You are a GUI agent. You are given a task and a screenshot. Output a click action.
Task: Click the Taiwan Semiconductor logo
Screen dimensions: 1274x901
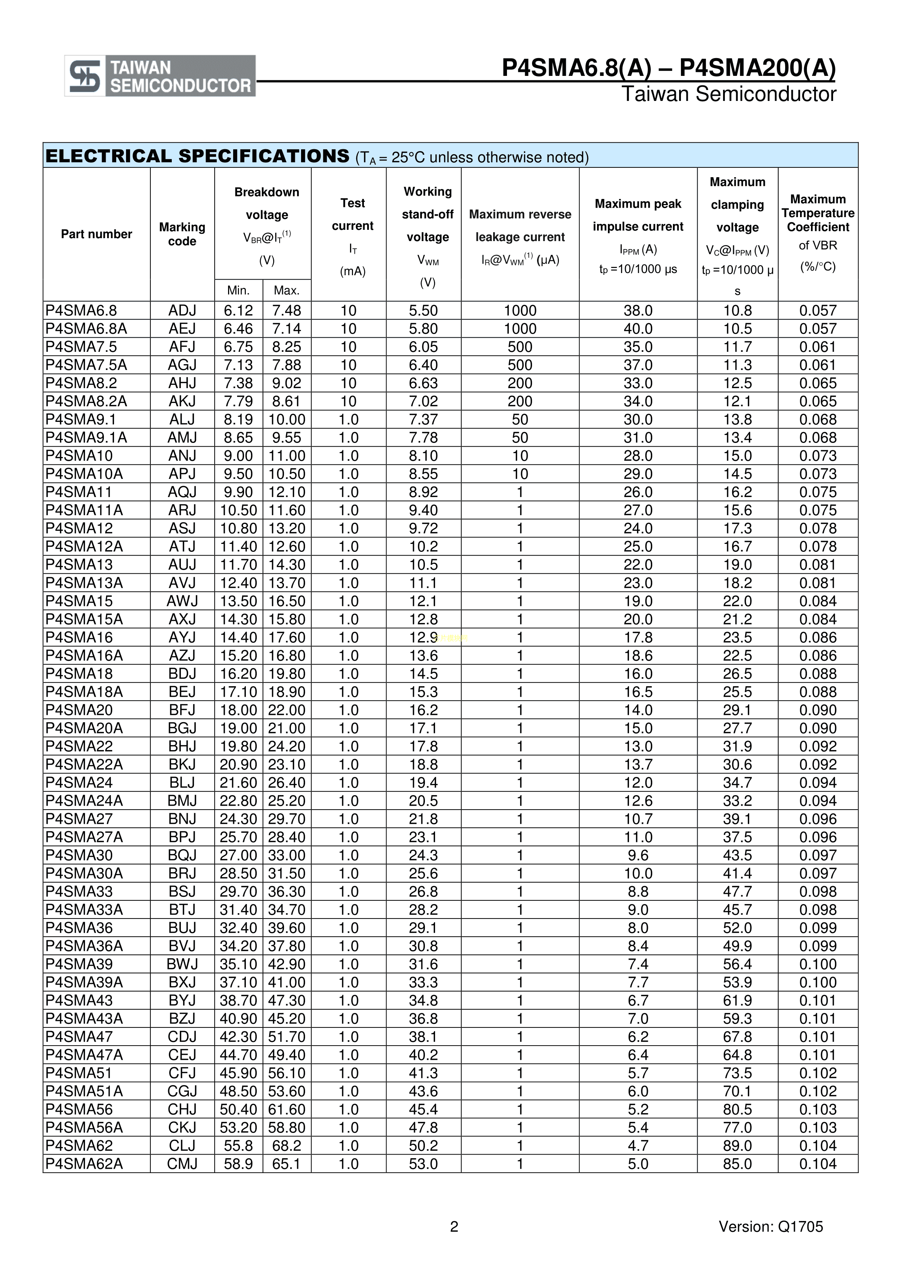coord(160,76)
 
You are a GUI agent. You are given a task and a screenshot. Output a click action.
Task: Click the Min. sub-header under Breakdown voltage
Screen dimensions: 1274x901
coord(238,290)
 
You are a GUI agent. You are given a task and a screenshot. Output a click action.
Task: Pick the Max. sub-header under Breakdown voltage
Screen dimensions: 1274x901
coord(287,290)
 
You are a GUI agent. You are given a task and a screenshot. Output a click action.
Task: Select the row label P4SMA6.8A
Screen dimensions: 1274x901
coord(86,329)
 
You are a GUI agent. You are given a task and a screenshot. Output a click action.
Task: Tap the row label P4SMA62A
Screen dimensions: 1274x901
coord(84,1164)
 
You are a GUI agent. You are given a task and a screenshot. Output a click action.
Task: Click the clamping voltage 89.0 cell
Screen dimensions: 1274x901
coord(737,1146)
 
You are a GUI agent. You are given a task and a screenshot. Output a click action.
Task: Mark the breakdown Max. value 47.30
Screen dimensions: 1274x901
coord(287,1001)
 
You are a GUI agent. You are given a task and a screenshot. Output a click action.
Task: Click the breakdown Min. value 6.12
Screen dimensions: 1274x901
coord(238,311)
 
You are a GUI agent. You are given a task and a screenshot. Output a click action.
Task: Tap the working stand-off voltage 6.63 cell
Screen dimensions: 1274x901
coord(423,383)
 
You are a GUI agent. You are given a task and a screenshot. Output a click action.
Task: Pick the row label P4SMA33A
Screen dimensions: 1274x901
coord(84,910)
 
